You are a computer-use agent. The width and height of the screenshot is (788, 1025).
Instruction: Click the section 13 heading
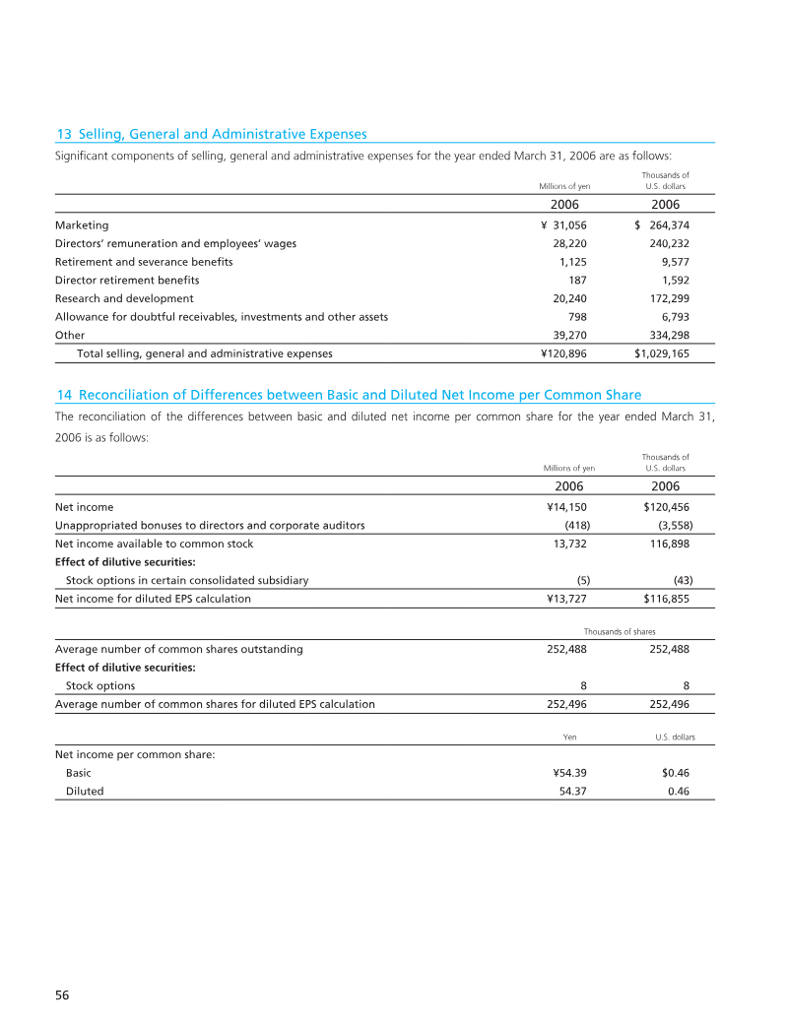211,134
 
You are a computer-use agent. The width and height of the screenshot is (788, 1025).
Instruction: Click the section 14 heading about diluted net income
349,395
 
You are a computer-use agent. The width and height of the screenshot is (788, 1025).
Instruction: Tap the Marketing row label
82,224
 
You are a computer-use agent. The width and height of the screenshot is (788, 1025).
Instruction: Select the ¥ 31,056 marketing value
563,224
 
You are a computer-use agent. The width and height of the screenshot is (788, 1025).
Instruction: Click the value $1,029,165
655,352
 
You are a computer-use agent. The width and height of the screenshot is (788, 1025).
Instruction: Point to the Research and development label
124,298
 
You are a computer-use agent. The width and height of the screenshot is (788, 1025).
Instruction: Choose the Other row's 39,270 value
570,335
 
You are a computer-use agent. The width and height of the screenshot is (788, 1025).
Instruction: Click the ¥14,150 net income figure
566,507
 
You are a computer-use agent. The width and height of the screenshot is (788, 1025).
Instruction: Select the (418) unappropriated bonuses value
575,525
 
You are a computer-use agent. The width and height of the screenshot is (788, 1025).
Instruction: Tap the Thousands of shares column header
620,630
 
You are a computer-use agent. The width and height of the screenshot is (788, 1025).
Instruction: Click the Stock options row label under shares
100,685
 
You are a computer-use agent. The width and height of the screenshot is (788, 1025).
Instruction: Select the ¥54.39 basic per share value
570,773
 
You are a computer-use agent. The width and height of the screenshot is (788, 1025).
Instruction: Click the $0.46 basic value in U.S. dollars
675,773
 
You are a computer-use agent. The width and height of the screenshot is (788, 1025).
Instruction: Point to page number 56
62,995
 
